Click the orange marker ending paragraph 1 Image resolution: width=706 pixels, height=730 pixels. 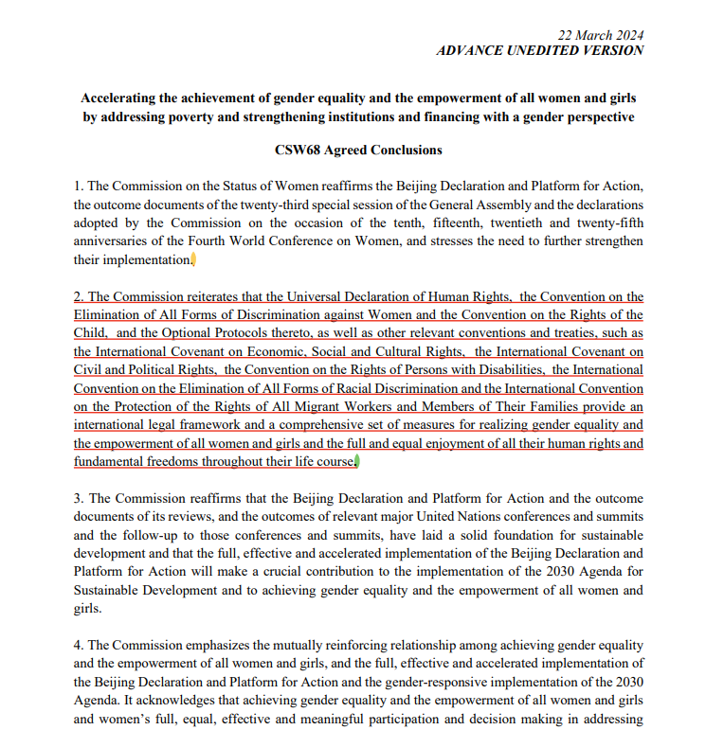click(193, 259)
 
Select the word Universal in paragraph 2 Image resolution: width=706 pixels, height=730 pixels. click(292, 297)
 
